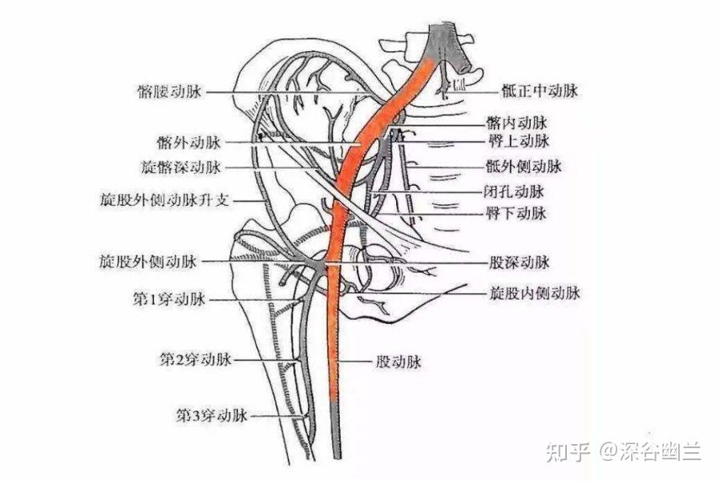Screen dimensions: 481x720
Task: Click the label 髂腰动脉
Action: point(171,92)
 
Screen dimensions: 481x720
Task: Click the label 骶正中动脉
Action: point(532,92)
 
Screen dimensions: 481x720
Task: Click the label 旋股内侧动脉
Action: point(533,293)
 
